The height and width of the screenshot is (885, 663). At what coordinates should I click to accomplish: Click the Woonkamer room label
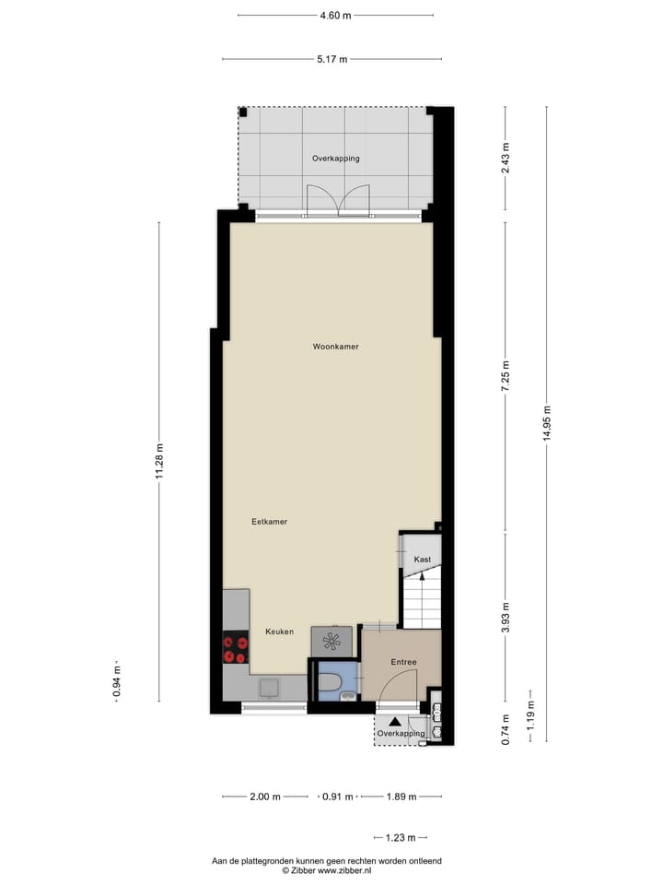point(335,347)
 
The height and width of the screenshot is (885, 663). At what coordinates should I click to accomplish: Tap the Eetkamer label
point(270,522)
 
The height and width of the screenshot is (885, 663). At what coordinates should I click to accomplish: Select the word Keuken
point(279,631)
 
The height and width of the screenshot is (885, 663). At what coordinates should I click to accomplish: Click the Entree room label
point(403,662)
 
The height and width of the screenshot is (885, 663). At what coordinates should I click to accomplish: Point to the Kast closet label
point(423,560)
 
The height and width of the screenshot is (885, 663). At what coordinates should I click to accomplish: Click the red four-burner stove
point(236,648)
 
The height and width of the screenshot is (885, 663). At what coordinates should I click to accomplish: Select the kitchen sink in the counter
point(271,687)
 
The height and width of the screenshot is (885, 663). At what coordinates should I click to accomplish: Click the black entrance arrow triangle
point(394,723)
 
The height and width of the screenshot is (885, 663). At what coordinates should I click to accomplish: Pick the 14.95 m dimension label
point(547,423)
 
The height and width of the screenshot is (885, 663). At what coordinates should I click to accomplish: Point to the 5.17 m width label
point(331,60)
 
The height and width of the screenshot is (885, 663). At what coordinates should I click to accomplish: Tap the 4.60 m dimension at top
point(335,16)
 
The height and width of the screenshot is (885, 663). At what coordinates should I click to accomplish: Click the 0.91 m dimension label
point(336,796)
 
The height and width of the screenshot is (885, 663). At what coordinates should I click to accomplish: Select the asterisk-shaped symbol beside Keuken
point(331,639)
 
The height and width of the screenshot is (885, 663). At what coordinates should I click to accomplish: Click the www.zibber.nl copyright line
point(326,869)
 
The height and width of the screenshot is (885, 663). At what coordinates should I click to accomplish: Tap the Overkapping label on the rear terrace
point(335,159)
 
